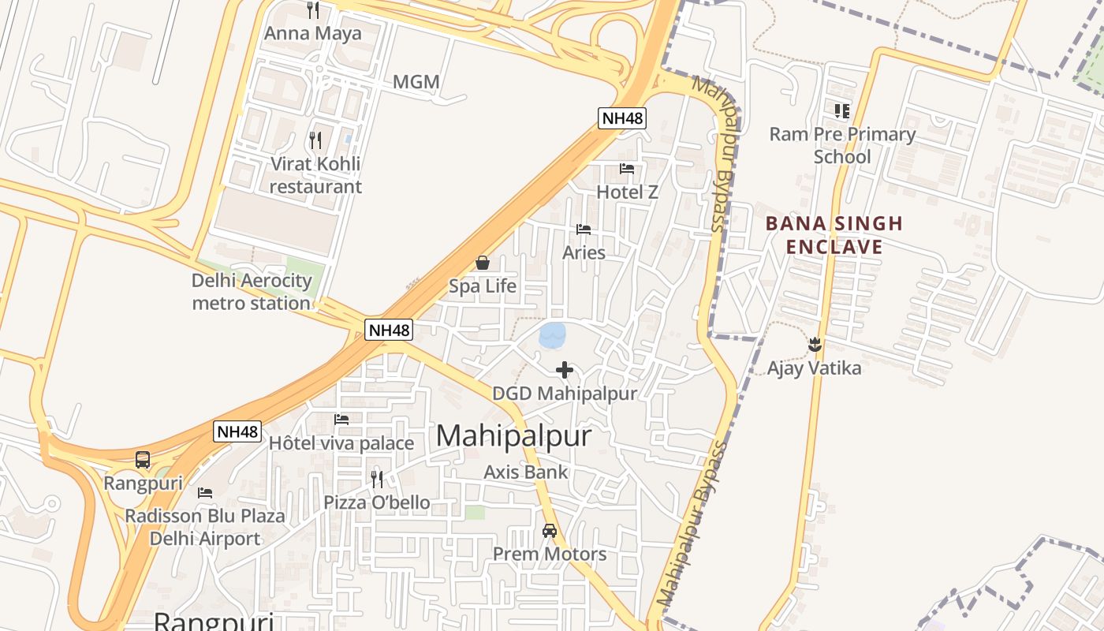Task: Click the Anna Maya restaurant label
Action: [312, 33]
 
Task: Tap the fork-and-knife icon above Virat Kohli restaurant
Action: [315, 140]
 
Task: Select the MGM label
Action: [416, 82]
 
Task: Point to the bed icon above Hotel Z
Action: [627, 169]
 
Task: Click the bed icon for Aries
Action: [584, 230]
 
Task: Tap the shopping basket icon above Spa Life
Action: [483, 263]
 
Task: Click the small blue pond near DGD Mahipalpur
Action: [552, 335]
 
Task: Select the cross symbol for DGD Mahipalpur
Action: [565, 370]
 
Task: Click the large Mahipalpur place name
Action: [513, 435]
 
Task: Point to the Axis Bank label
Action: [525, 472]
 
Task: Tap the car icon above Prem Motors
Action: [550, 531]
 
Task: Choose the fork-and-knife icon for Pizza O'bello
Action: [377, 479]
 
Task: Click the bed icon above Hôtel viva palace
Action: [341, 420]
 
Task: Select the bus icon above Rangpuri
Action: [143, 460]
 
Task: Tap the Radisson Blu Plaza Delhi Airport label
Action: [205, 528]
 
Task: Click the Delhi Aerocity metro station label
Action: [252, 292]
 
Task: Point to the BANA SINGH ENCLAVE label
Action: [834, 235]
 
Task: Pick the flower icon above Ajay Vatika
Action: [815, 345]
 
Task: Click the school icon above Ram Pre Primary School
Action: [842, 110]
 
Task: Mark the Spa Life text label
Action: [483, 286]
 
